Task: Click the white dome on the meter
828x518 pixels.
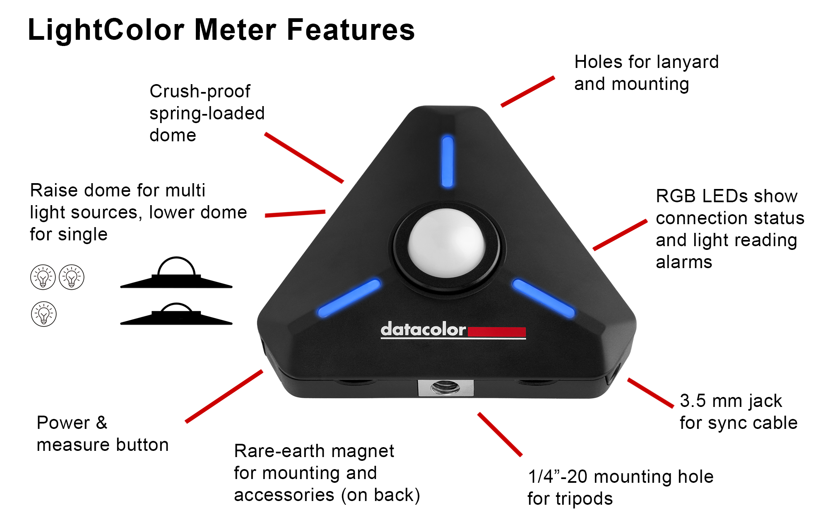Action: click(446, 243)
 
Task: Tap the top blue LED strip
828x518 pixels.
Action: click(448, 161)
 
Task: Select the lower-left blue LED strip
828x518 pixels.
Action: click(349, 298)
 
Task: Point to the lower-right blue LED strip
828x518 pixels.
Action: click(543, 298)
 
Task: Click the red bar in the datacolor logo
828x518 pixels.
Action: click(496, 332)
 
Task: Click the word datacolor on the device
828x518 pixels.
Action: click(423, 330)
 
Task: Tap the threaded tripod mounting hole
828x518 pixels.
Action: click(445, 388)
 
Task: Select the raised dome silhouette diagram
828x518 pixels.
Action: click(176, 274)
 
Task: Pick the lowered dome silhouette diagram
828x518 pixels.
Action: click(176, 315)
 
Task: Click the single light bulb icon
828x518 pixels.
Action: click(44, 314)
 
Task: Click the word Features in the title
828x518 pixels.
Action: click(351, 30)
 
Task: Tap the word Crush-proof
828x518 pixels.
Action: click(200, 92)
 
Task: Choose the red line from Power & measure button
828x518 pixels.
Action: click(224, 396)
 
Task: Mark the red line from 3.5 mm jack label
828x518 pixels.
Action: click(650, 393)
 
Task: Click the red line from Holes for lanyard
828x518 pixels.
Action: click(528, 92)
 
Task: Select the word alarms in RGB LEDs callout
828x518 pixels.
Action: click(684, 262)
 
